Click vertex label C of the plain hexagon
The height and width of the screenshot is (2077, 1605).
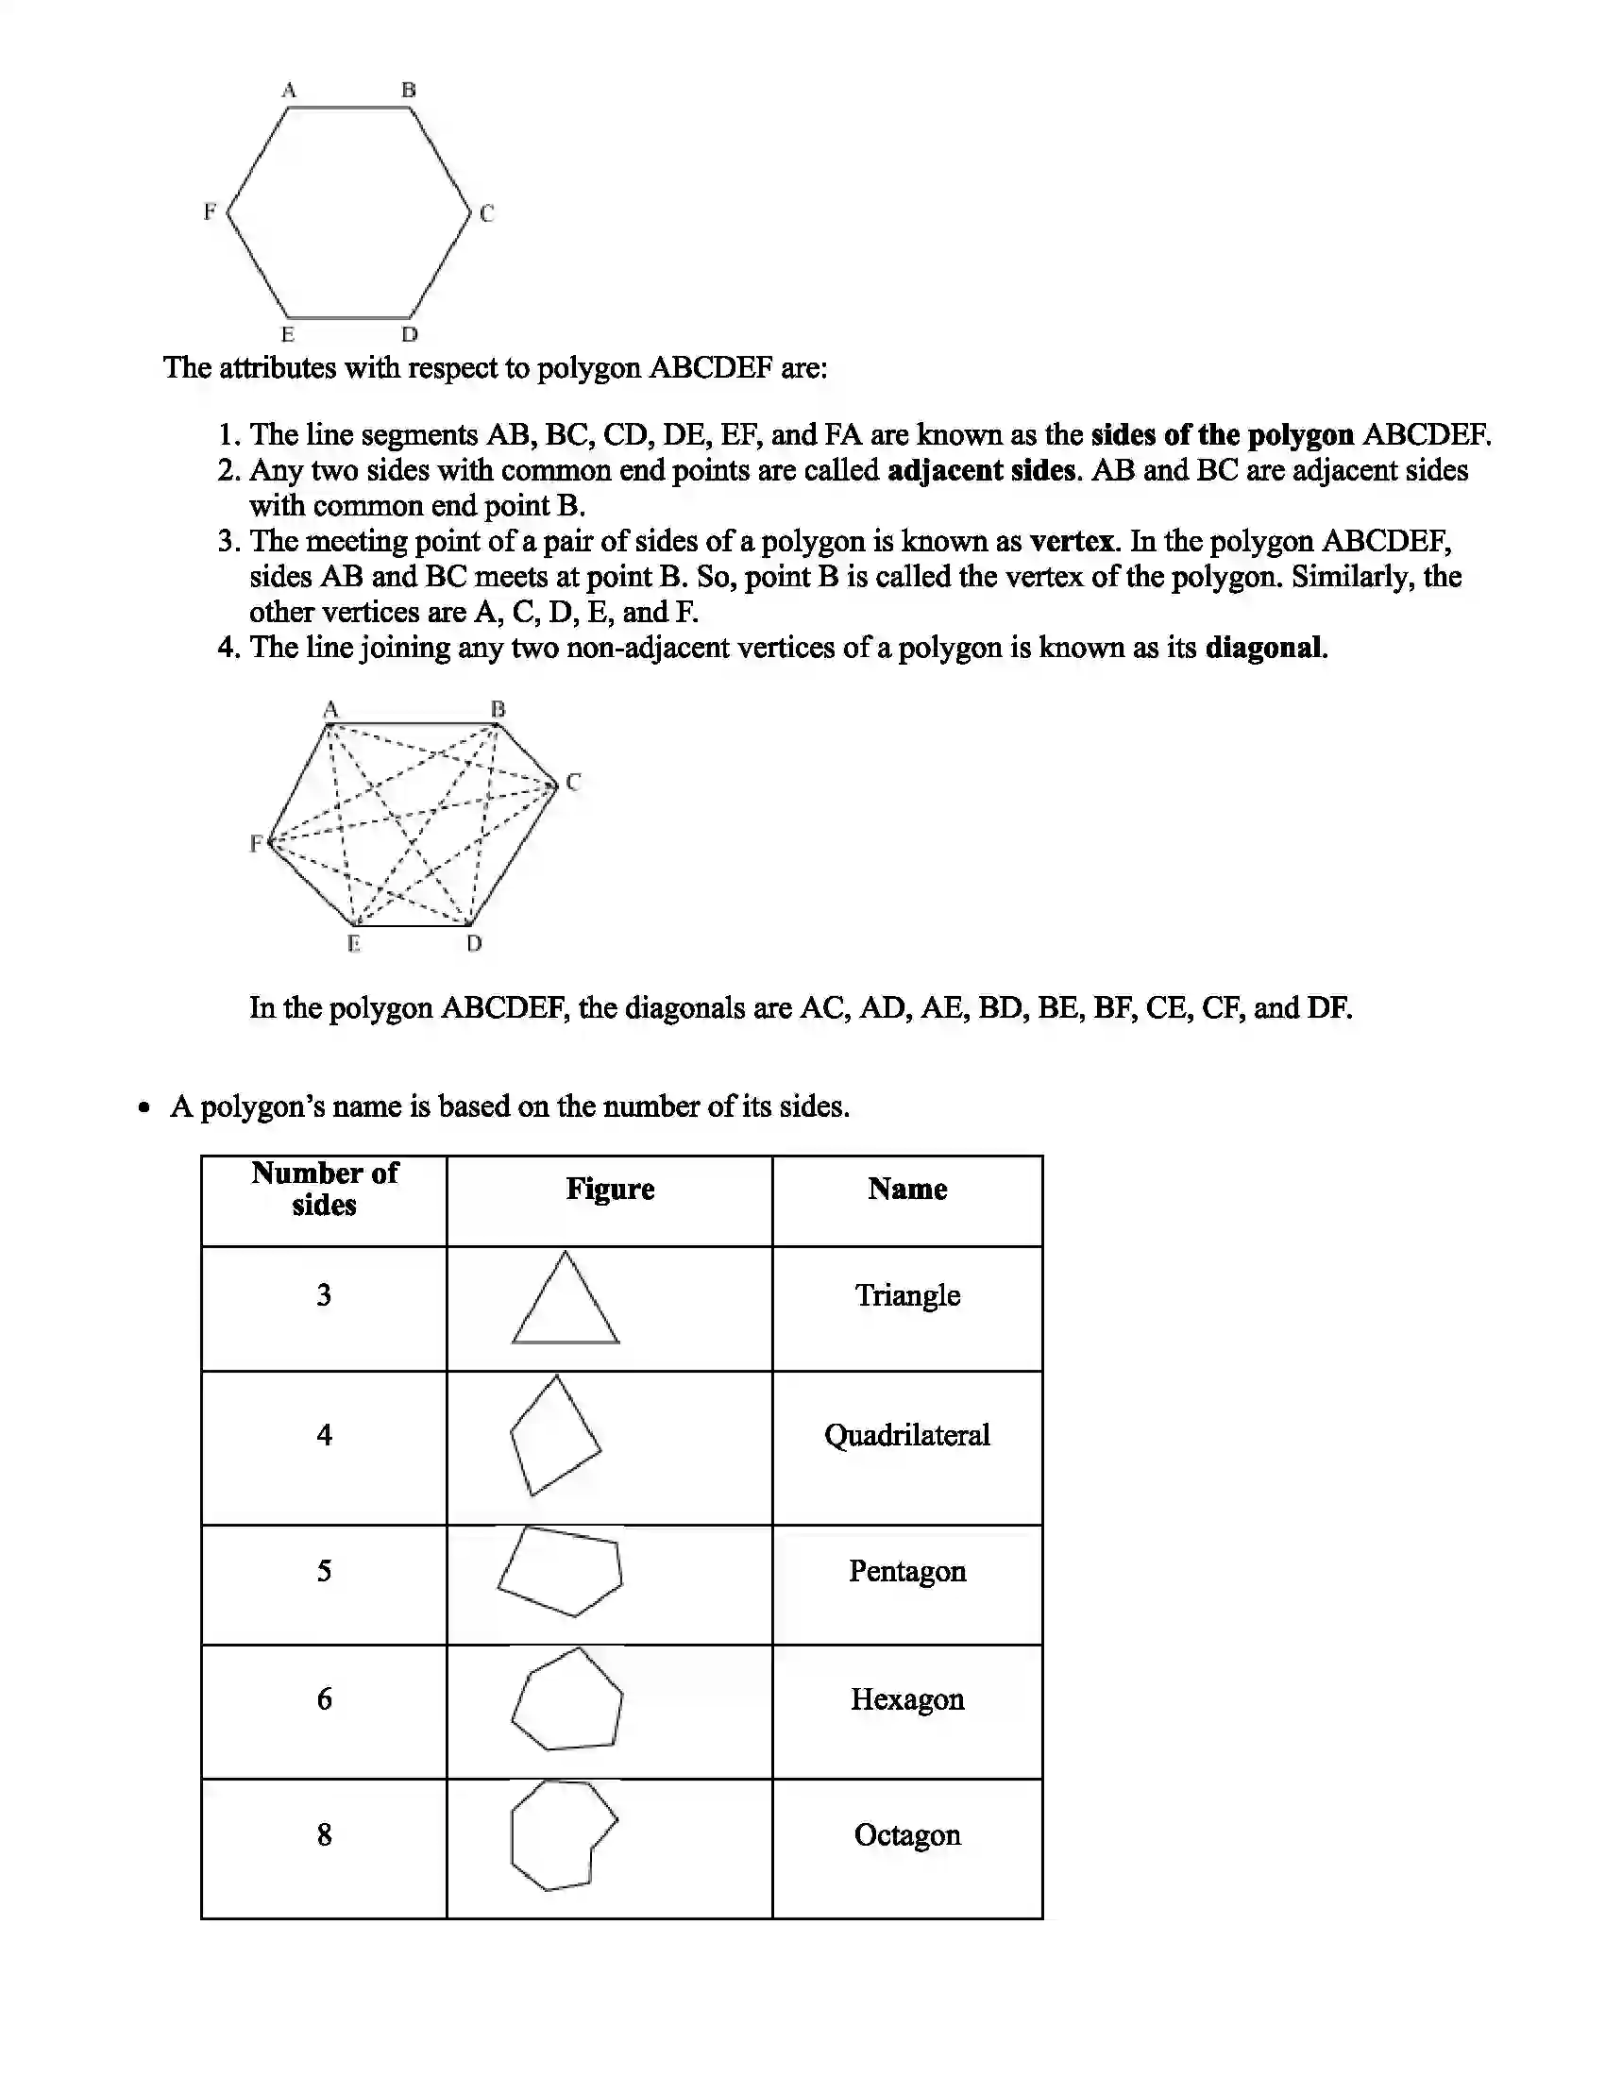pos(487,213)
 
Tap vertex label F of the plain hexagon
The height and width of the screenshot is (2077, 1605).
pos(211,211)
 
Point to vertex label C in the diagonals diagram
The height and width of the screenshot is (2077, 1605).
pos(572,782)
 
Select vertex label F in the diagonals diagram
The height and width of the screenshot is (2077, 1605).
pos(256,842)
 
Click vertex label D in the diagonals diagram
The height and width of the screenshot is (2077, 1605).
pos(475,943)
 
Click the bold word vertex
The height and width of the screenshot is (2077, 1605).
pos(1072,541)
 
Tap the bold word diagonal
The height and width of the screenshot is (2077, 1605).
pos(1263,648)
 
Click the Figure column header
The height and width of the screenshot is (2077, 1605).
pos(610,1189)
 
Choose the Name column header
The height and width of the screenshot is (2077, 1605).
pos(907,1189)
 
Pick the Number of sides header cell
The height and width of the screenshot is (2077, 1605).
pos(324,1189)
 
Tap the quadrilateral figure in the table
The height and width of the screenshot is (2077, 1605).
pos(555,1436)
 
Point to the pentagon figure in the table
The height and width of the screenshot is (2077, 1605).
pos(561,1571)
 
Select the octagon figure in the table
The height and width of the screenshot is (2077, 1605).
pos(561,1835)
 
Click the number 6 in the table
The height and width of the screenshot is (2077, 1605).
pos(324,1698)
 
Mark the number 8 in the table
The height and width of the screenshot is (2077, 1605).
pos(324,1834)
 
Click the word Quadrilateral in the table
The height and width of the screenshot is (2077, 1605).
pos(907,1435)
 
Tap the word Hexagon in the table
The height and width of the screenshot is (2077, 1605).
pos(907,1698)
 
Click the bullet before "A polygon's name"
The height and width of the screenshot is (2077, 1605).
pos(144,1108)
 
